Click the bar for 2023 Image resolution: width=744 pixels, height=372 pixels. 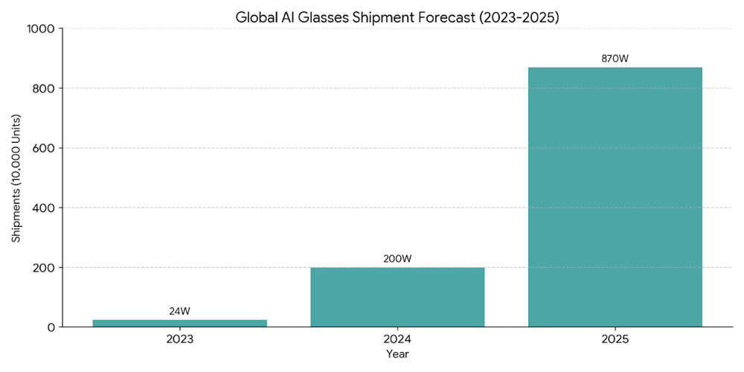[179, 323]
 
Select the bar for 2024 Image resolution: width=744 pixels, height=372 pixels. [397, 297]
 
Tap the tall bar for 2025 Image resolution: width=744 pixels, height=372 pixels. [615, 197]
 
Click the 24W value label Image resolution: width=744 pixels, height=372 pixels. [179, 311]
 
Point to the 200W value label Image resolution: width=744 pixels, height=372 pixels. [397, 259]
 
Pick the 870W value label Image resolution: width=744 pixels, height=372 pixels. [615, 59]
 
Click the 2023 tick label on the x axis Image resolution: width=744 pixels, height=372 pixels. [179, 339]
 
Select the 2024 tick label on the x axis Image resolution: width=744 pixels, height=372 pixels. [397, 339]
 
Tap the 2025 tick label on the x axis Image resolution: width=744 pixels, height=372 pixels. [615, 339]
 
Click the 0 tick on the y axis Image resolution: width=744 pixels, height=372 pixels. [51, 327]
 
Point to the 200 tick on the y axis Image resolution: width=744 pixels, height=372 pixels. [45, 268]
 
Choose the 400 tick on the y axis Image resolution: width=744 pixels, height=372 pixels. [45, 208]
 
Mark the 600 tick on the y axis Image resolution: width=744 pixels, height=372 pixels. [45, 148]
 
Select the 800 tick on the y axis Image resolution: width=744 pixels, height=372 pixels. [45, 89]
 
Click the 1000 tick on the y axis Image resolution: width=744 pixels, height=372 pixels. [42, 29]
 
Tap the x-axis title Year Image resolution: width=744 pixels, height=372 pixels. [397, 355]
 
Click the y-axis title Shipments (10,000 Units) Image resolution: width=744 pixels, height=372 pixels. [16, 178]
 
